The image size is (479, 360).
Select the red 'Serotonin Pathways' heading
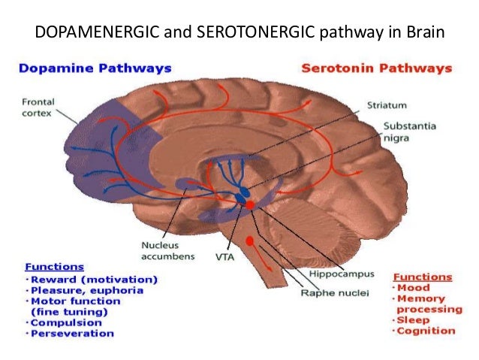(376, 68)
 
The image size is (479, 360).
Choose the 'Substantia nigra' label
(405, 132)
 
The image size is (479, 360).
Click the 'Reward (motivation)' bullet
(92, 280)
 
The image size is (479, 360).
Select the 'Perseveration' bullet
(71, 333)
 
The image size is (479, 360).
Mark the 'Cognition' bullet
(426, 331)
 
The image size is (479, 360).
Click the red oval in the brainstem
(249, 241)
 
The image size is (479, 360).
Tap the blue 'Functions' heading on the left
(54, 267)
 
